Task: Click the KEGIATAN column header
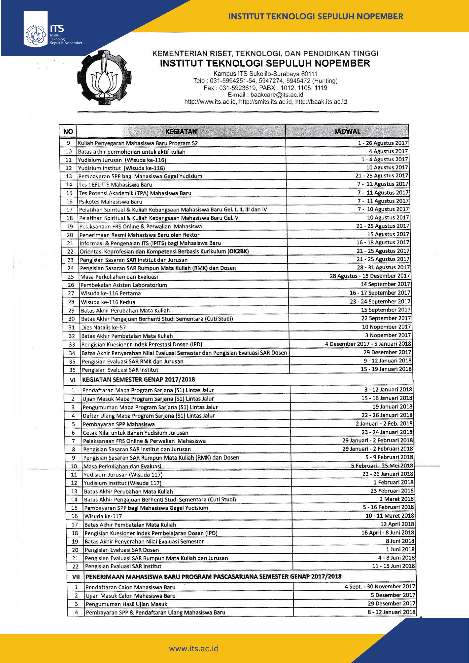(x=181, y=132)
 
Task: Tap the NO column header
(x=68, y=132)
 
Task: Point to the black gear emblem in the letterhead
(x=104, y=77)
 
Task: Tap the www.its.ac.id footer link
(x=194, y=649)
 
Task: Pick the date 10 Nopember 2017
(x=386, y=327)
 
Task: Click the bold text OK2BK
(x=238, y=251)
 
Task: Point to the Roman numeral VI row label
(x=72, y=380)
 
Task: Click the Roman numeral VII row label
(x=76, y=577)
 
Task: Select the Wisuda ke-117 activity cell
(x=103, y=516)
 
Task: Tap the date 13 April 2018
(x=397, y=524)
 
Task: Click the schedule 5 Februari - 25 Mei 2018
(x=382, y=466)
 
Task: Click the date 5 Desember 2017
(x=393, y=595)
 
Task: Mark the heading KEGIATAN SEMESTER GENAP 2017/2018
(x=139, y=380)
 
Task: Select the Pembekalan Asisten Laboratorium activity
(x=124, y=285)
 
